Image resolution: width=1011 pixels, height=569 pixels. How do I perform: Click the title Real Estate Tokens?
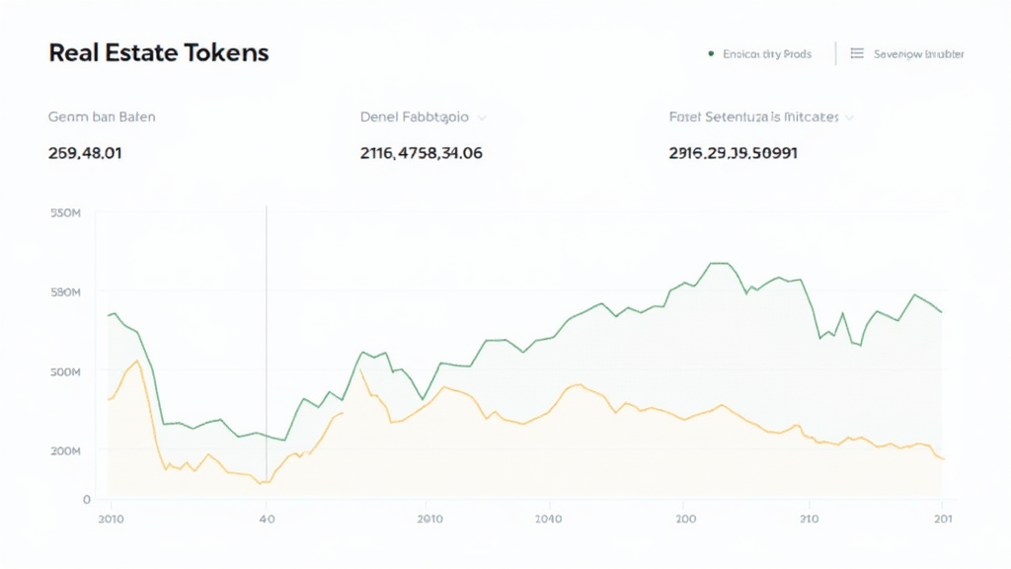tap(158, 53)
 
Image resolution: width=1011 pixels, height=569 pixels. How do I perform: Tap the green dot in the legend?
tap(711, 54)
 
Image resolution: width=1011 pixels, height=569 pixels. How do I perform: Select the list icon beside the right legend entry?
tap(857, 54)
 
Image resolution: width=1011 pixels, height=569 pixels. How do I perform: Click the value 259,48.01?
tap(85, 153)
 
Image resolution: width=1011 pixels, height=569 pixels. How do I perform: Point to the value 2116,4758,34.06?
tap(422, 153)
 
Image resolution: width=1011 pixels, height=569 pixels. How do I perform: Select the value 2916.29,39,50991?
tap(733, 153)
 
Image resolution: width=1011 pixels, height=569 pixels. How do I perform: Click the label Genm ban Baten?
tap(102, 117)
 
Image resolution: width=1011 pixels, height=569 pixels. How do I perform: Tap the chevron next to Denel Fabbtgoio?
tap(482, 118)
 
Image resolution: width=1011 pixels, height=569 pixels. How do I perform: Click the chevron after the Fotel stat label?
tap(849, 118)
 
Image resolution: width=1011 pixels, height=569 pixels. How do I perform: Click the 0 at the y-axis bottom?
tap(87, 500)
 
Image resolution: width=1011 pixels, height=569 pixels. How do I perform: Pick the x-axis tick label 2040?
tap(547, 519)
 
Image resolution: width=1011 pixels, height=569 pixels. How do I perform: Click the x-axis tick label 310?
tap(810, 519)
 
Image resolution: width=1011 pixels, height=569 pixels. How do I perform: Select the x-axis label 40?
tap(266, 519)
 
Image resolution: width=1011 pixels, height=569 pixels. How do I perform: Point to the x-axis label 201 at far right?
tap(943, 519)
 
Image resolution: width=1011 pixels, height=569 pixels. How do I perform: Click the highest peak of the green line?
tap(718, 264)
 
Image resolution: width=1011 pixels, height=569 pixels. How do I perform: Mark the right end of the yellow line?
tap(944, 459)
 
